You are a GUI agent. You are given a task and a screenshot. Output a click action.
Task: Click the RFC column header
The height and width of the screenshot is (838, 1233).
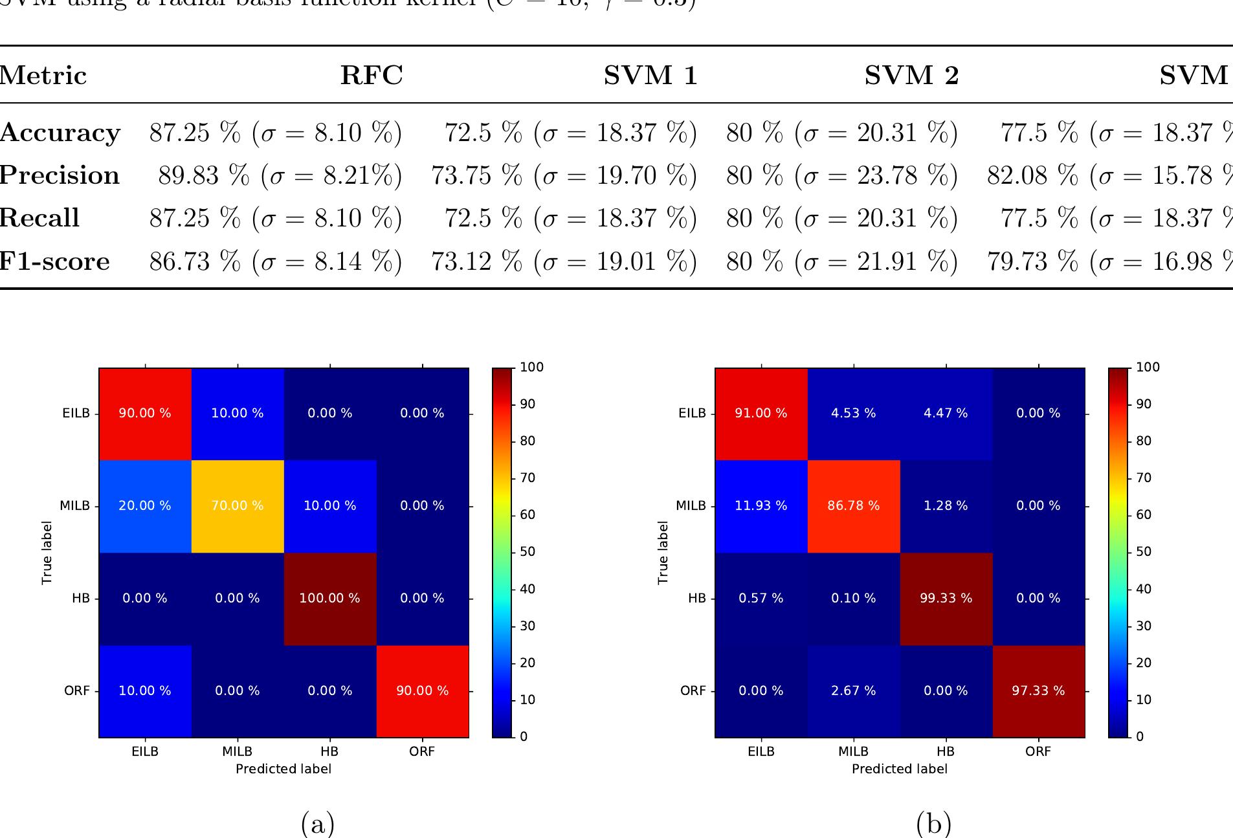(372, 76)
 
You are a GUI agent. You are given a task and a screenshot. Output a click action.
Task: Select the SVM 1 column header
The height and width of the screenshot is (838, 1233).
(650, 76)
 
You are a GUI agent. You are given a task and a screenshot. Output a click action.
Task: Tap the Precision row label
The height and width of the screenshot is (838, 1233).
(60, 175)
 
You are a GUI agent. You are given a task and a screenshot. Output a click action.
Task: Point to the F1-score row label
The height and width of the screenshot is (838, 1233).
(55, 261)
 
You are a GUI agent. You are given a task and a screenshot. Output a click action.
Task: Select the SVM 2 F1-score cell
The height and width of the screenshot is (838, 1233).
(841, 261)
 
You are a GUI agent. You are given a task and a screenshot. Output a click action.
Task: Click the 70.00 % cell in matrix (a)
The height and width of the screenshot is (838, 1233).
(238, 506)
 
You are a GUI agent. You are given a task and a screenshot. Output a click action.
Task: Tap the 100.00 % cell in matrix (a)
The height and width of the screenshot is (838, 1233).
(329, 599)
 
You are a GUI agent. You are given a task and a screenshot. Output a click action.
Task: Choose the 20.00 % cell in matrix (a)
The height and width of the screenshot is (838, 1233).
(145, 506)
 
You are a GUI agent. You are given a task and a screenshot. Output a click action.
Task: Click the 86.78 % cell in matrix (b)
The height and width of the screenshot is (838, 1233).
(854, 506)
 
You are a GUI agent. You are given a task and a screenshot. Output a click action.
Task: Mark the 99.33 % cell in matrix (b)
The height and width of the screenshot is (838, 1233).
(946, 599)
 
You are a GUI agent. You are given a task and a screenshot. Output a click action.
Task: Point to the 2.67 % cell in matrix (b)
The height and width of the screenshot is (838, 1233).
(854, 691)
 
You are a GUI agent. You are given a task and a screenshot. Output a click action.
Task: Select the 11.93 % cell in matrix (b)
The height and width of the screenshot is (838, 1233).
(761, 506)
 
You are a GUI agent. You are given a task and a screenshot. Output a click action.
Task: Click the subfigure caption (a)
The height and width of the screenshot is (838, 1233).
(318, 824)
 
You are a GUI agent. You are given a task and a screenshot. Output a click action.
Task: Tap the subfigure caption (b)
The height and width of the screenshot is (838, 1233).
(934, 824)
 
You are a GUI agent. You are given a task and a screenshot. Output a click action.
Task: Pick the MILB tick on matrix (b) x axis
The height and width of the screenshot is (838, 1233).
(854, 751)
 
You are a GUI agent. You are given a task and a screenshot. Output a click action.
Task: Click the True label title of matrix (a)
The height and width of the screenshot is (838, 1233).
(47, 553)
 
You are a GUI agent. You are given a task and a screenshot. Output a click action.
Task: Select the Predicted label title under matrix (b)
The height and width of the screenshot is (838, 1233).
(900, 769)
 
